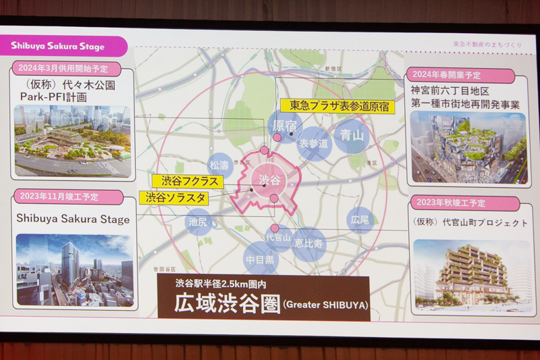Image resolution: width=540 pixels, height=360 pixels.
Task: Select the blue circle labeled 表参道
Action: coord(315,143)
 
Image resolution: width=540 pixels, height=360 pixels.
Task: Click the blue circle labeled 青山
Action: coord(351,135)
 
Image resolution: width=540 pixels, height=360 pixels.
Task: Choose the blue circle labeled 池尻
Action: coord(198,222)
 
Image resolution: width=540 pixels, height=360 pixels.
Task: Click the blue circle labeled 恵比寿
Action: coord(309,244)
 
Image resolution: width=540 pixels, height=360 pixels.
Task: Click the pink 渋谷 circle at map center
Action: coord(269,180)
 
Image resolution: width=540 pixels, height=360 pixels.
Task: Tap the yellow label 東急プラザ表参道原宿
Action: coord(338,105)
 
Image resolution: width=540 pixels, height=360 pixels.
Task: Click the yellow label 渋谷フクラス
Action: coord(181,181)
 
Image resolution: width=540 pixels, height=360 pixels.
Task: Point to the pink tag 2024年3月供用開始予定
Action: coord(66,69)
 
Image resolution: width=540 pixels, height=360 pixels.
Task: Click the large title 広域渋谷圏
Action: coord(215,304)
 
